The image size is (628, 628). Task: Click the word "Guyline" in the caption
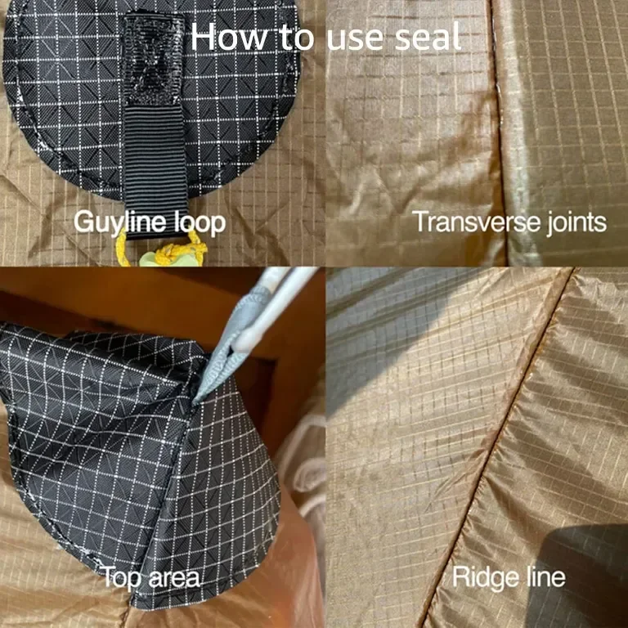pyautogui.click(x=119, y=222)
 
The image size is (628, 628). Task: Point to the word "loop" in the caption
pyautogui.click(x=199, y=223)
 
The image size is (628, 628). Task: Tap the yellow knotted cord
pyautogui.click(x=161, y=251)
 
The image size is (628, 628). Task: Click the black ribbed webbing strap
pyautogui.click(x=155, y=168)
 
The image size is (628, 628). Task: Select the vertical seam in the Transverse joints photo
pyautogui.click(x=499, y=132)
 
